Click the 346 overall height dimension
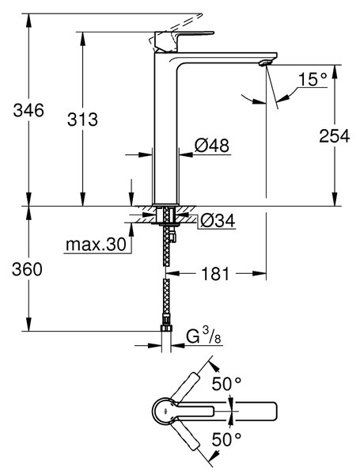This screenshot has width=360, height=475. coord(28,110)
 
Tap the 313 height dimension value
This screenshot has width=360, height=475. coord(82,119)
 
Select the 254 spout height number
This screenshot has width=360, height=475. coord(335,135)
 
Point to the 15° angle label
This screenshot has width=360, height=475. coord(313,79)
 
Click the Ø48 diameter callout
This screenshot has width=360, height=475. coord(211,146)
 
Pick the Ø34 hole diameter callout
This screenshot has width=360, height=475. coord(218,220)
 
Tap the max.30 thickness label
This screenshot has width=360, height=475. coord(96,244)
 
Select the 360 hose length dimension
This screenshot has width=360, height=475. coord(27,269)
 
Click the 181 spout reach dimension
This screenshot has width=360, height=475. coord(215,274)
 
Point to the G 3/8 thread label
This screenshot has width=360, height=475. coord(203,337)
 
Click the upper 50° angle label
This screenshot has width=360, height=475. coord(226,384)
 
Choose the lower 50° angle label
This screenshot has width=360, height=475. coord(226,439)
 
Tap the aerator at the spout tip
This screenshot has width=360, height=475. coord(265,63)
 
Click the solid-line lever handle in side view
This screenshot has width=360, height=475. coord(184,40)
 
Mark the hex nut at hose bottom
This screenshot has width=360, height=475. coord(166,328)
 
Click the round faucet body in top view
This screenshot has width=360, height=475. coord(164,411)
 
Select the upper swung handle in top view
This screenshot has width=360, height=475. coord(185,387)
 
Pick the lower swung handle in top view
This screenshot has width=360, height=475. coord(185,435)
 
